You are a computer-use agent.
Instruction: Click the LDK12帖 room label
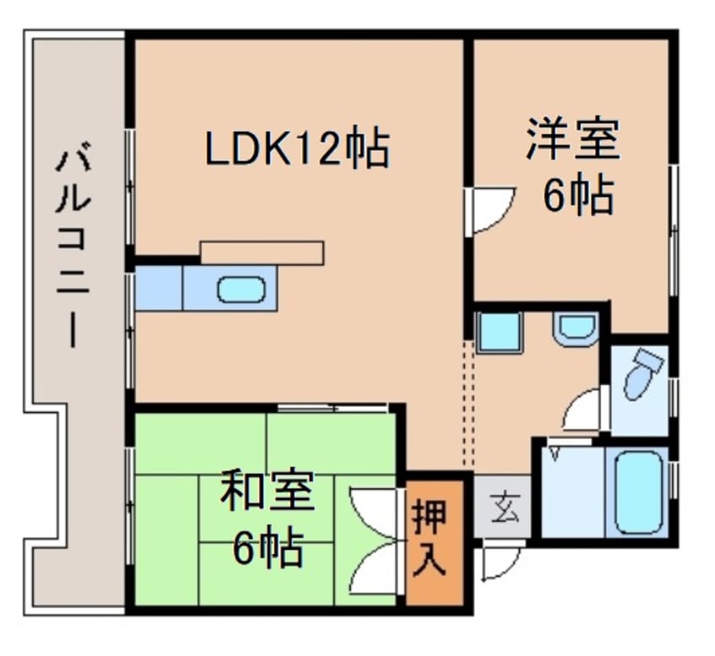tap(298, 149)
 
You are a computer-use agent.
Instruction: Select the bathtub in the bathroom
tap(638, 493)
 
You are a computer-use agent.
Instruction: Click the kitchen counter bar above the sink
tap(262, 252)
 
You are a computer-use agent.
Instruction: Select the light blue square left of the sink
tap(159, 289)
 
